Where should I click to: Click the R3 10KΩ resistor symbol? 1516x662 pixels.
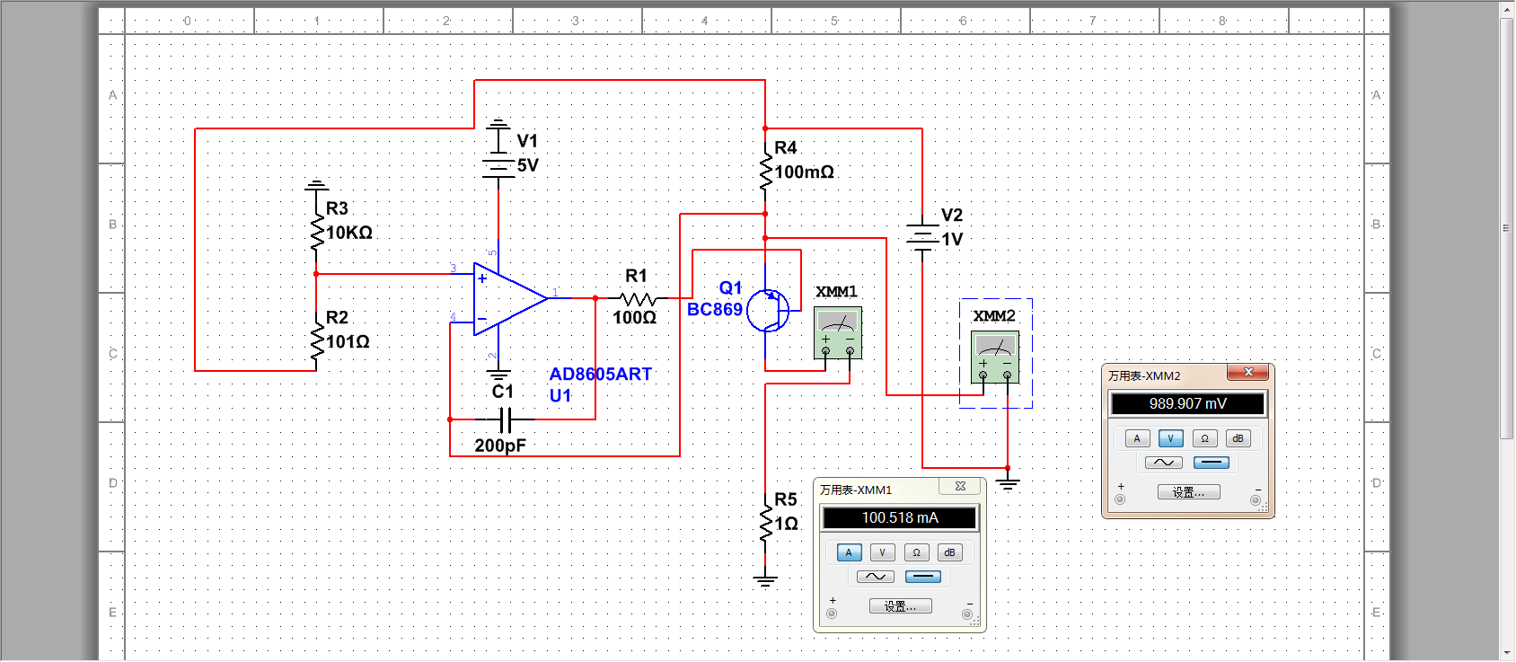click(x=316, y=232)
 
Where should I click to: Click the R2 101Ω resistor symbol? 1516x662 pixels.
click(x=316, y=341)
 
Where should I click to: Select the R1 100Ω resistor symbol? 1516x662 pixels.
click(x=637, y=298)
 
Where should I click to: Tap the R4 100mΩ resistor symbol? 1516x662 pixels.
click(x=765, y=171)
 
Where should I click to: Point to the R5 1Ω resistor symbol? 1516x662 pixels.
click(x=765, y=523)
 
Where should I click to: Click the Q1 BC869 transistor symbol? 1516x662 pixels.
click(x=769, y=311)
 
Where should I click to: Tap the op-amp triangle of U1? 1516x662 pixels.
click(x=507, y=298)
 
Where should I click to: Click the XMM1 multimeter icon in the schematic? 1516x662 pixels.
click(x=838, y=332)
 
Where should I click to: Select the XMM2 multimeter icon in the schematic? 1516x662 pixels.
click(x=995, y=357)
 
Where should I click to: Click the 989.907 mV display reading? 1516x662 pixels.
click(x=1187, y=404)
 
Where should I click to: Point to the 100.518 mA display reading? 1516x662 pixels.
click(x=899, y=518)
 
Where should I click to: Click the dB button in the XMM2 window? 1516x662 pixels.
click(x=1238, y=438)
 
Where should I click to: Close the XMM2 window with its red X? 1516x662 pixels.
click(x=1247, y=372)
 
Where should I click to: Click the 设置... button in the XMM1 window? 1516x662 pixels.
click(x=900, y=606)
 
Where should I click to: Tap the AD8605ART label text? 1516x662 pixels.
click(x=600, y=375)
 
